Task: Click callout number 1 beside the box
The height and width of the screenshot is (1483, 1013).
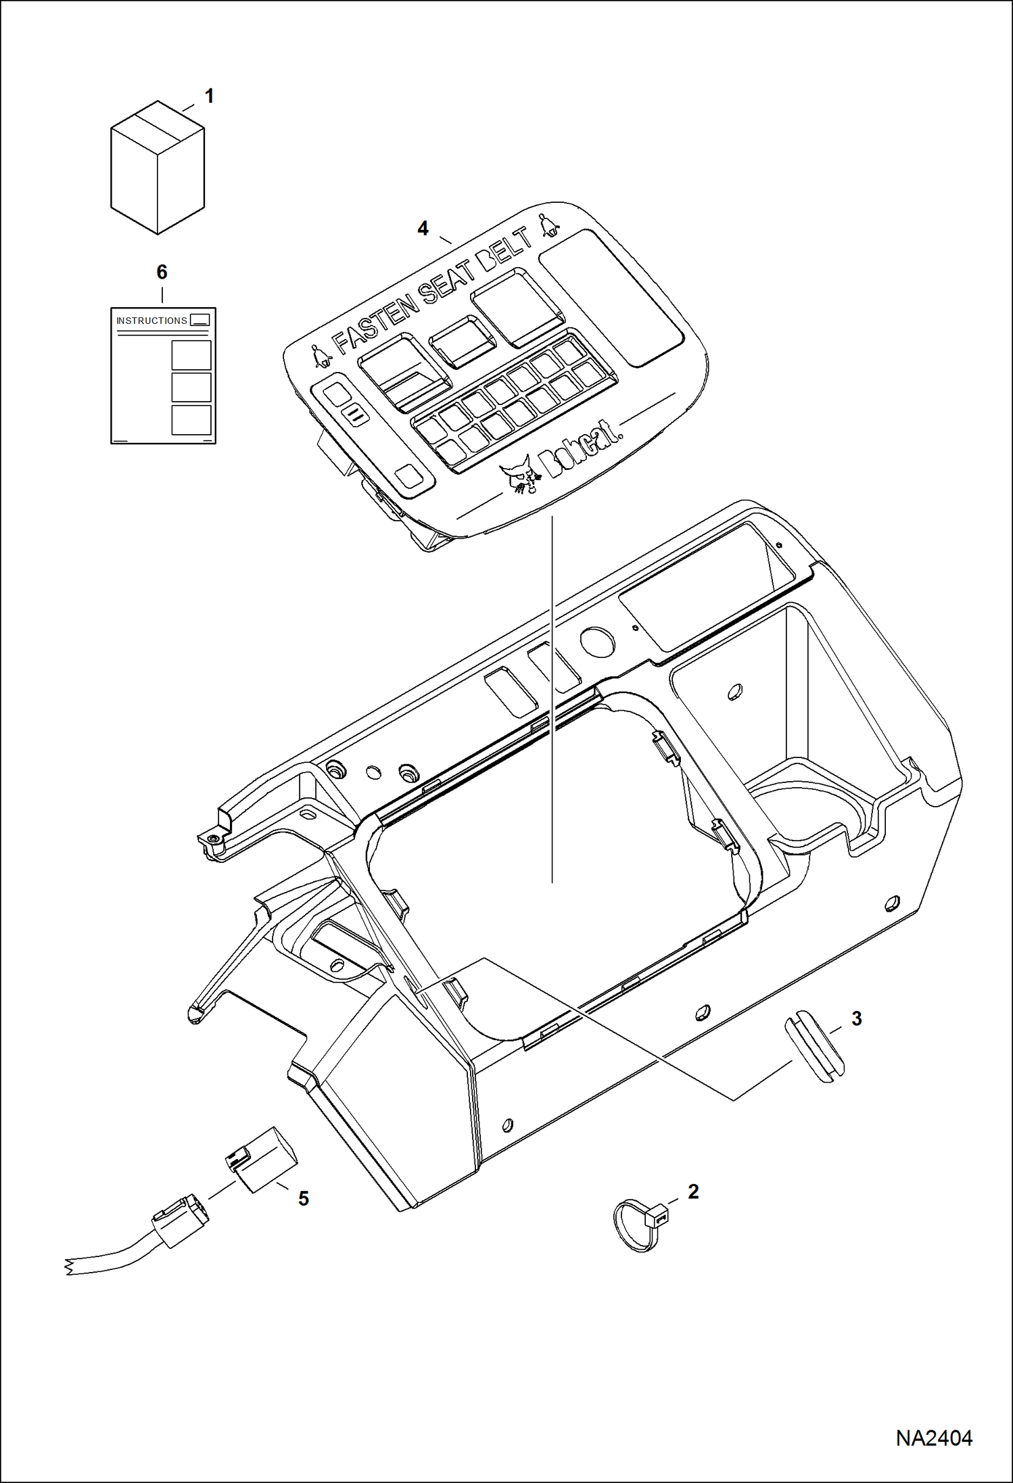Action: (209, 97)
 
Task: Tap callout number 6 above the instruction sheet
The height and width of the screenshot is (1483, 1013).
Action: (162, 272)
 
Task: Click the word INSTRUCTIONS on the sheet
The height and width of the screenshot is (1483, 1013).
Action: (151, 321)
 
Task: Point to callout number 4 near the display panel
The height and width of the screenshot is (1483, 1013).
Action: (423, 229)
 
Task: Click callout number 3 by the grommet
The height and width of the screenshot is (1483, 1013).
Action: (856, 1018)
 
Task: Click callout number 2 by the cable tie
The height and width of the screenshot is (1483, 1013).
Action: (693, 1192)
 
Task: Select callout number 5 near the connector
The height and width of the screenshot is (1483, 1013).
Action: (304, 1198)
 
